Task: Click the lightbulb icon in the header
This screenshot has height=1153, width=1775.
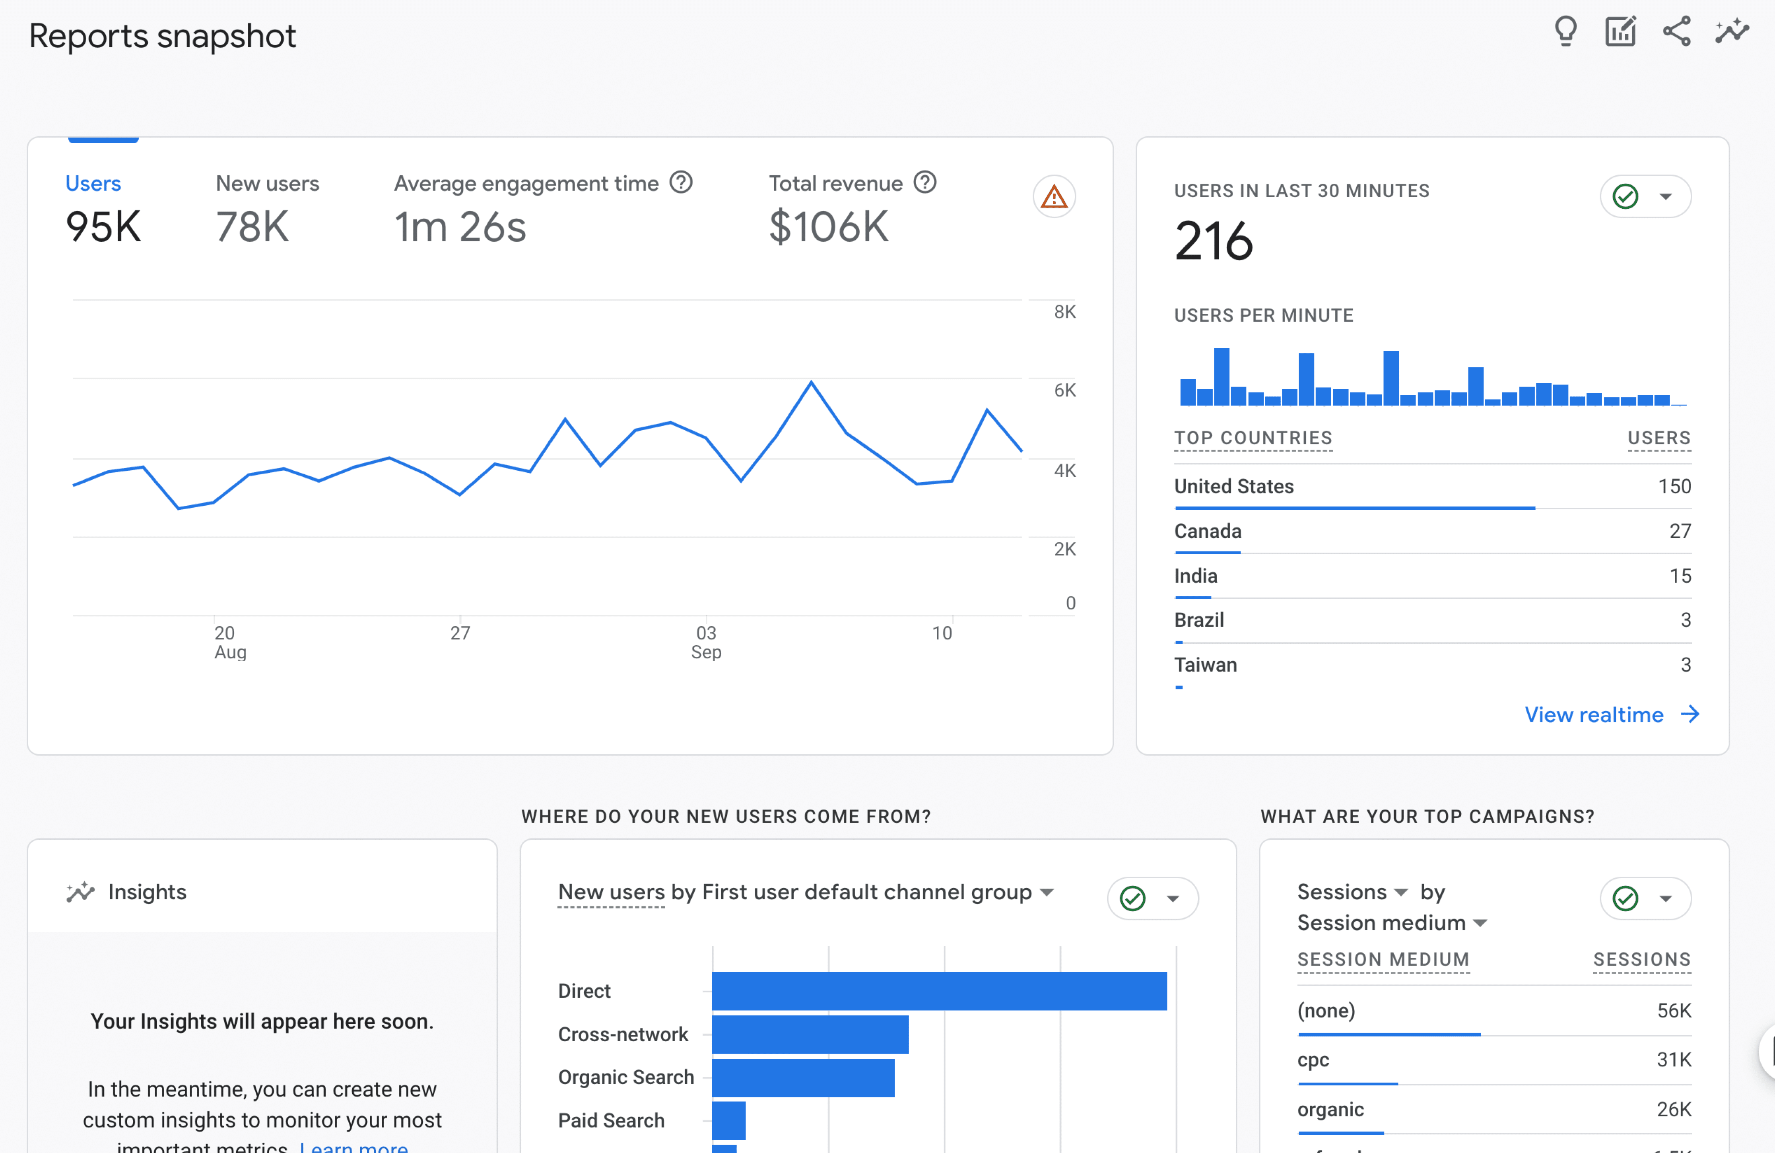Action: [1565, 31]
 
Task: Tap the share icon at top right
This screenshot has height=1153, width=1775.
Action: [1676, 31]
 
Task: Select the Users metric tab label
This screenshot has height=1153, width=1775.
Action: [93, 183]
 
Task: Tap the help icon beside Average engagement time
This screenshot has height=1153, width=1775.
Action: [680, 183]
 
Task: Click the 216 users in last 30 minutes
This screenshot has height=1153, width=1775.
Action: [1214, 241]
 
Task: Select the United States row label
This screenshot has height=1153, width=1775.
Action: [1233, 486]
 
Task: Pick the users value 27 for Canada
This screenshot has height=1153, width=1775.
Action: [1680, 531]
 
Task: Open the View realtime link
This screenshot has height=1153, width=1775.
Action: [1594, 714]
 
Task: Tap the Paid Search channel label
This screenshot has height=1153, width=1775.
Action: [611, 1120]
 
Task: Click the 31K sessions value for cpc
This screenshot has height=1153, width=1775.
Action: [1674, 1060]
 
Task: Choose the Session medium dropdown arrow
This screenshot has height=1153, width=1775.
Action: [1480, 923]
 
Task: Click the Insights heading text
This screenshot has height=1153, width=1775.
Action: [147, 892]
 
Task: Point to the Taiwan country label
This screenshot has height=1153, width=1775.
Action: [1205, 664]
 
